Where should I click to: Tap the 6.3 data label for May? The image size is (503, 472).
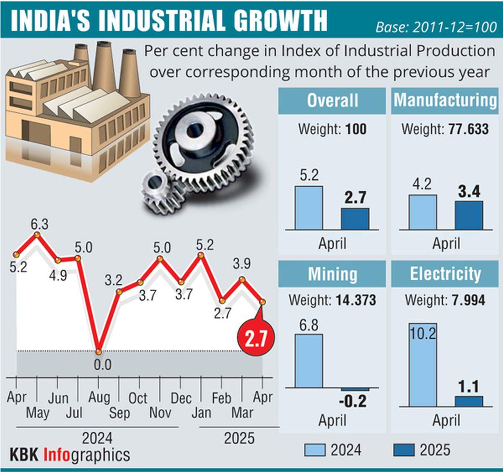point(39,225)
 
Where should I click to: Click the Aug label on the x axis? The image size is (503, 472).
point(99,397)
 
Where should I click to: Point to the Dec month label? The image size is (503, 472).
point(181,398)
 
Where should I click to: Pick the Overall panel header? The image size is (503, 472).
point(332,101)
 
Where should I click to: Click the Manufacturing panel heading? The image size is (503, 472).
point(445,101)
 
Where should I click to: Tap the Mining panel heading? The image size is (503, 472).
point(332,274)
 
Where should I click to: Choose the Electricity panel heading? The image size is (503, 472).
point(445,274)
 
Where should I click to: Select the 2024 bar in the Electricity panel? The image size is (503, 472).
point(423,365)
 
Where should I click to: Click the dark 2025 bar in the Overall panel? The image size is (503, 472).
point(355,219)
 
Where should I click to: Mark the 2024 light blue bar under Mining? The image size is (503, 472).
point(309,360)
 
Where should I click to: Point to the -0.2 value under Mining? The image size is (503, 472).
point(352,401)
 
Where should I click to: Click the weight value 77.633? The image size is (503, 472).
point(468,129)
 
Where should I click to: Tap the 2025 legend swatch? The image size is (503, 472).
point(404,450)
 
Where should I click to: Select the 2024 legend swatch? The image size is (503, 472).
point(314,450)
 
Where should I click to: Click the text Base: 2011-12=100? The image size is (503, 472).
point(436,27)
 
